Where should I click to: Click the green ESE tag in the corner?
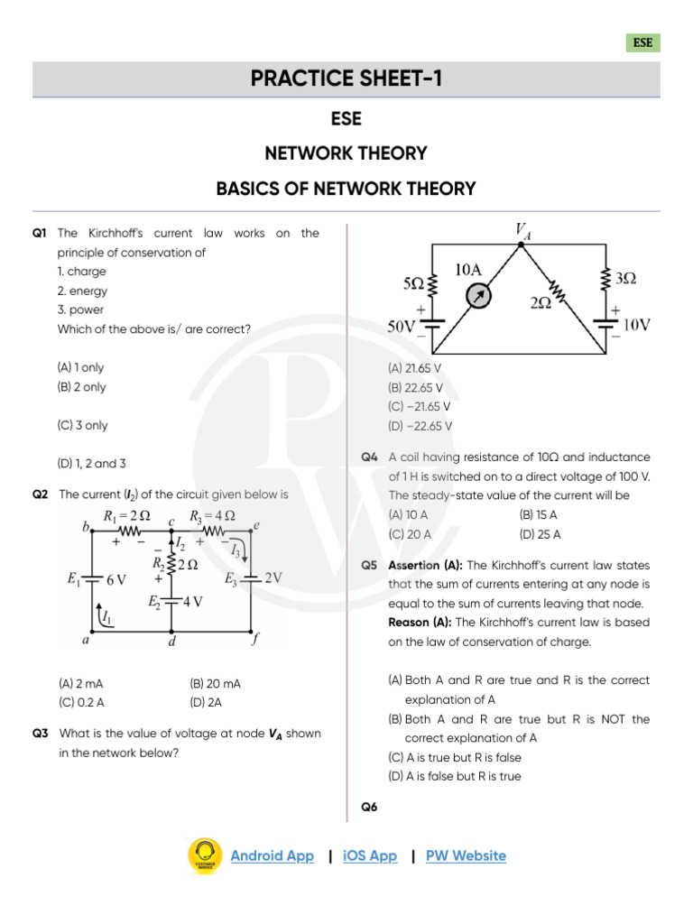point(642,42)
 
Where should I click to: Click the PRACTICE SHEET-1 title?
point(346,79)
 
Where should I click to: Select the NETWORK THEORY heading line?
point(346,153)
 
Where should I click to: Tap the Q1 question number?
point(39,233)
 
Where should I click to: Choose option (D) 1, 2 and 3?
point(91,463)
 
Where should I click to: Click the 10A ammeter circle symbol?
point(482,296)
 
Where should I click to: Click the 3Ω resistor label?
point(625,280)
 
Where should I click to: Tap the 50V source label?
point(402,326)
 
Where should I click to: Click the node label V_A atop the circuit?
point(523,231)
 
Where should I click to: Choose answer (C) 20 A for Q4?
point(410,533)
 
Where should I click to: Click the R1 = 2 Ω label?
point(126,516)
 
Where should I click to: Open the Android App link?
point(273,855)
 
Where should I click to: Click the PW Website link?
point(466,855)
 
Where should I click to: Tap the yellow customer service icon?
point(205,855)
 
